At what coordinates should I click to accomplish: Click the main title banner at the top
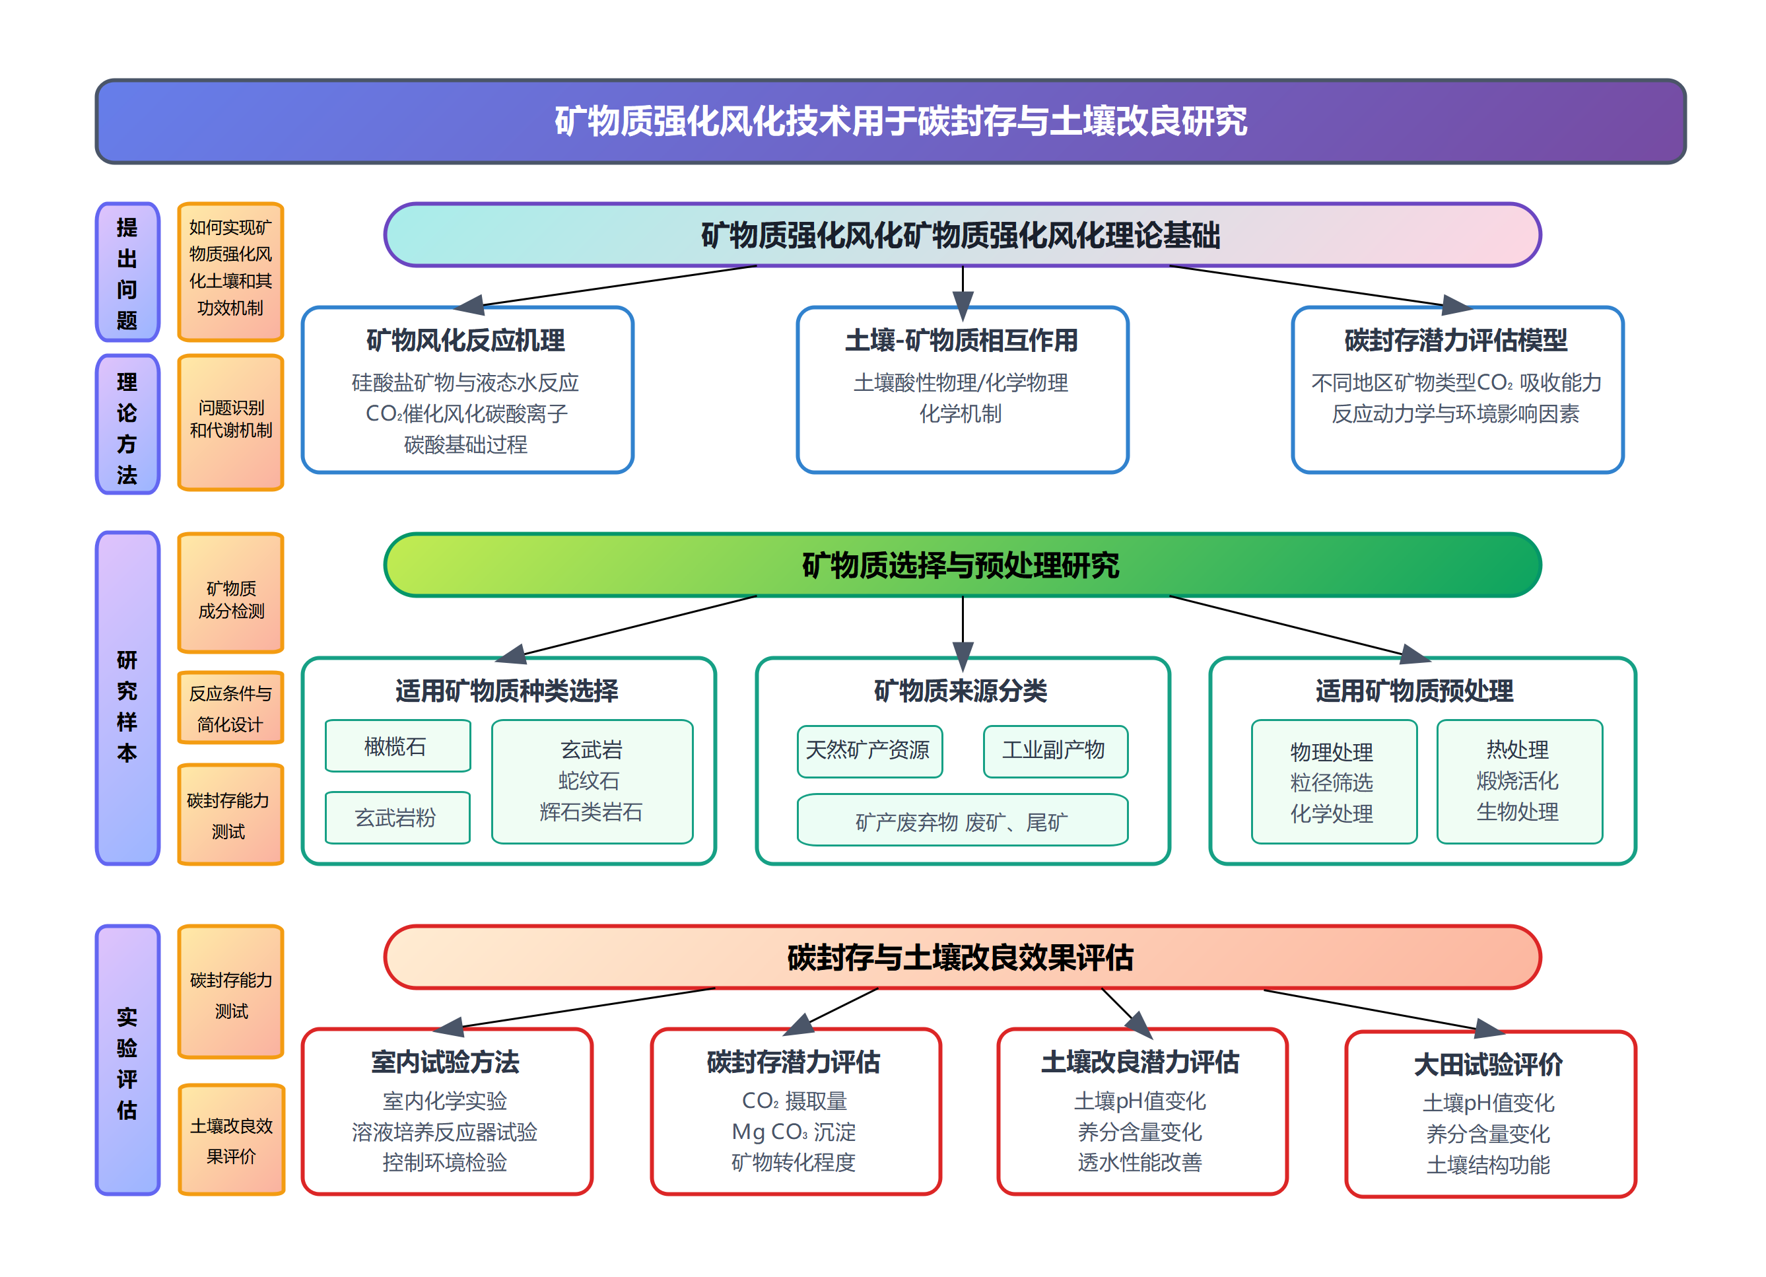click(x=890, y=121)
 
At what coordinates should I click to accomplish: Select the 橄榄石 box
click(x=397, y=746)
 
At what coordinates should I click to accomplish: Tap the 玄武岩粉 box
click(x=397, y=817)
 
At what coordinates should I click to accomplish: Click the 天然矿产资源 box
click(x=869, y=751)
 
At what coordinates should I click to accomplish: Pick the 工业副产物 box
click(x=1055, y=751)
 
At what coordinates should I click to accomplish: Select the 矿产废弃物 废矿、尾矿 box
click(x=962, y=821)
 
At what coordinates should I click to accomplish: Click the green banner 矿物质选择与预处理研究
click(x=962, y=565)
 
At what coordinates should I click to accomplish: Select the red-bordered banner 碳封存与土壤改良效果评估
click(x=962, y=957)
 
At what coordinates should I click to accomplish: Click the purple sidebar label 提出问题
click(x=127, y=273)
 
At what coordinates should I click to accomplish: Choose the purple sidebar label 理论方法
click(x=127, y=426)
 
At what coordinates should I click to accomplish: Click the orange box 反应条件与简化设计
click(x=230, y=708)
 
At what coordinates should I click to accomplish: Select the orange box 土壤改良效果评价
click(x=231, y=1141)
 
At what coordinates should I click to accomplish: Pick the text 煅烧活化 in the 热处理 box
click(x=1518, y=781)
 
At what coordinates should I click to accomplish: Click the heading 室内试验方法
click(x=446, y=1062)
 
